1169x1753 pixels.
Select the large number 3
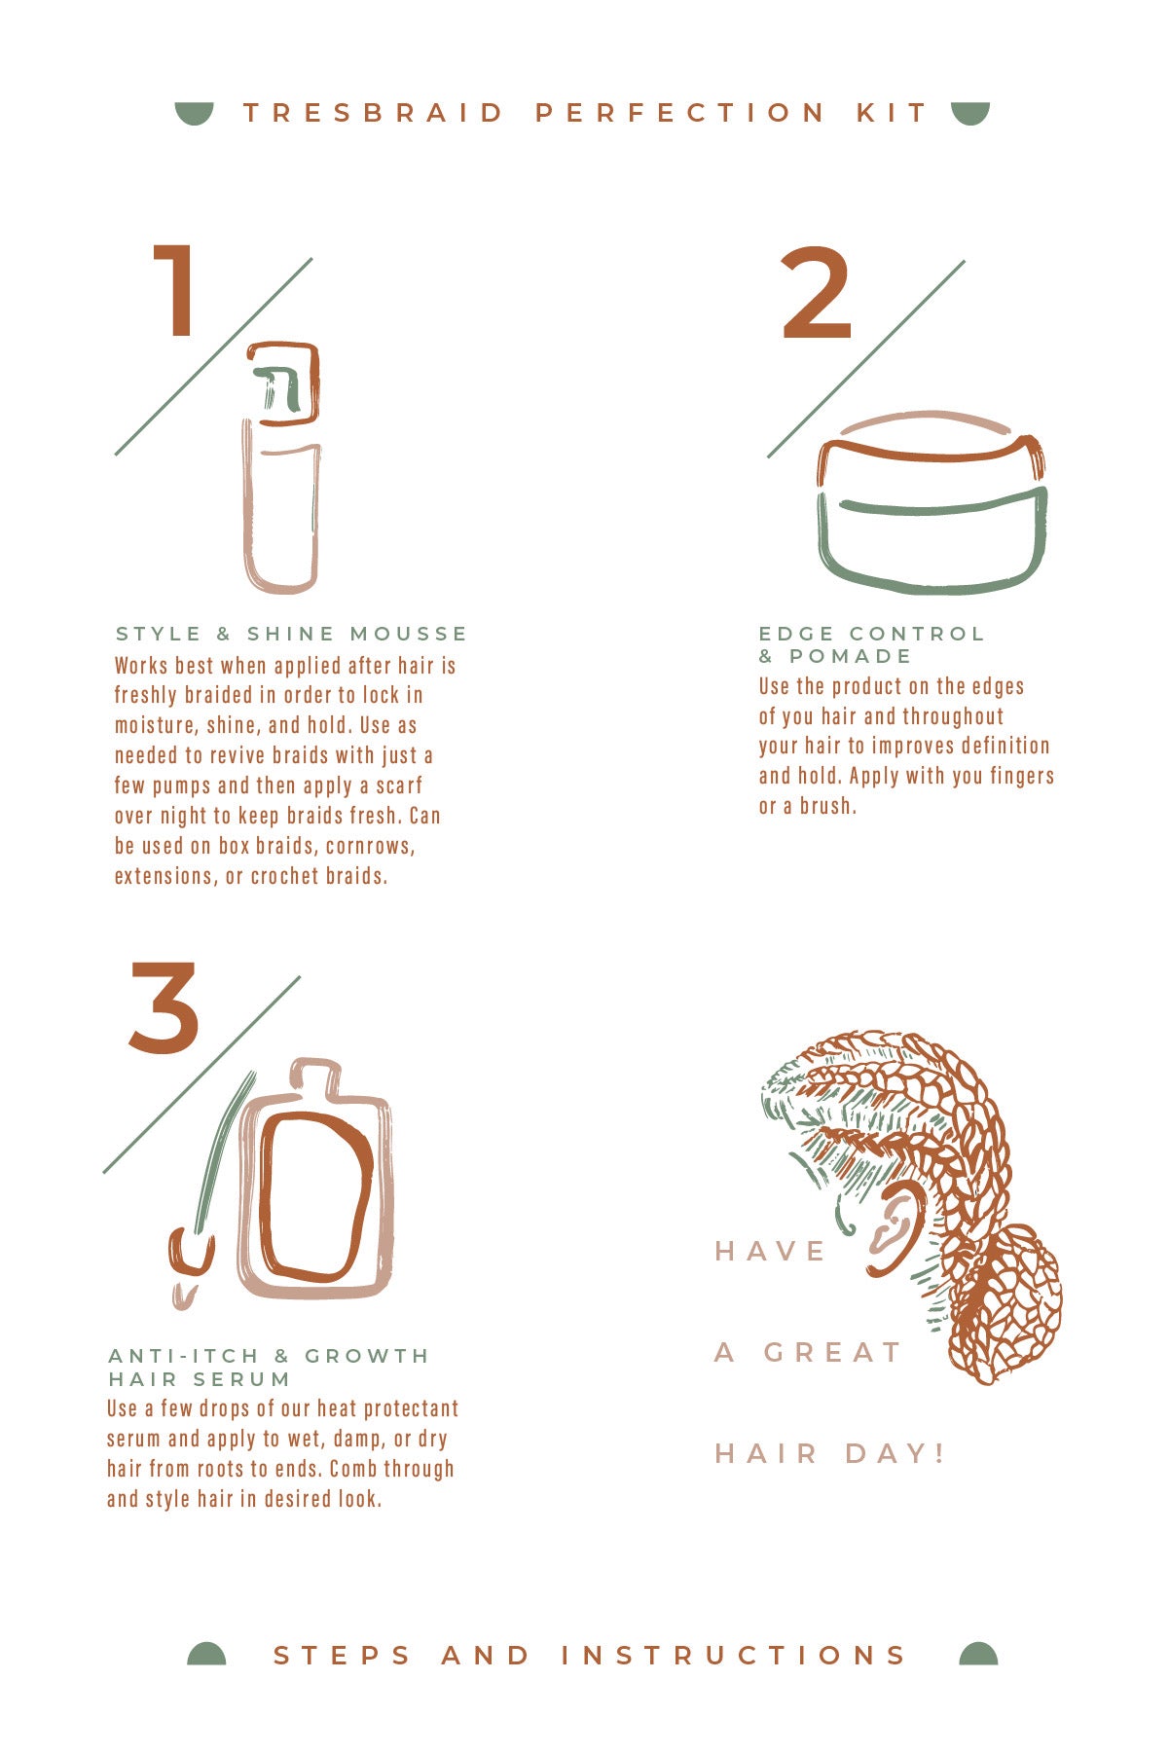[x=164, y=1007]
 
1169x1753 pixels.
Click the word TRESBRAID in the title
[x=374, y=113]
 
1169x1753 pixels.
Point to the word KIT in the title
[x=892, y=113]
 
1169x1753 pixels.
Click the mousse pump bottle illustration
[x=281, y=467]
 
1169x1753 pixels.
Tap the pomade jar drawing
[x=932, y=502]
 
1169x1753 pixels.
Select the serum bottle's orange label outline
[x=314, y=1196]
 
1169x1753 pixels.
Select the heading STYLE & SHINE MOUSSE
[x=291, y=634]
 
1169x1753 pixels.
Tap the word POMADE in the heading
[x=851, y=656]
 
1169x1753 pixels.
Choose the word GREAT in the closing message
[x=833, y=1352]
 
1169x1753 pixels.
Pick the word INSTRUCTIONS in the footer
[x=734, y=1655]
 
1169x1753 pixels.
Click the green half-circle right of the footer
[x=978, y=1655]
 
